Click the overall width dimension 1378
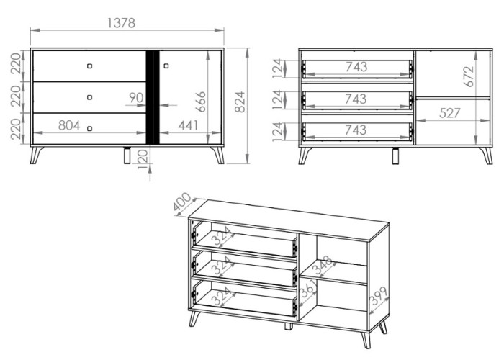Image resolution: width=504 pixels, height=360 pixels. pyautogui.click(x=121, y=23)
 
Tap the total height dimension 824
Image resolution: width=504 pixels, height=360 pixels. pyautogui.click(x=240, y=102)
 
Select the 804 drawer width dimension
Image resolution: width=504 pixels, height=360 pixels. pyautogui.click(x=69, y=125)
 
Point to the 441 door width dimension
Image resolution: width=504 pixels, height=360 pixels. pyautogui.click(x=188, y=125)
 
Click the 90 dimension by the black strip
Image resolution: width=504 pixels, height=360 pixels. pyautogui.click(x=136, y=98)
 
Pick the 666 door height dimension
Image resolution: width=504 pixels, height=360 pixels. pyautogui.click(x=201, y=102)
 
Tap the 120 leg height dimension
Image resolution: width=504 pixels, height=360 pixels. pyautogui.click(x=143, y=159)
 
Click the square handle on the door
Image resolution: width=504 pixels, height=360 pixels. pyautogui.click(x=166, y=66)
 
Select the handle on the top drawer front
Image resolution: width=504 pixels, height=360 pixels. pyautogui.click(x=90, y=66)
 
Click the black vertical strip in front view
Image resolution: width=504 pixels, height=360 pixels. pyautogui.click(x=153, y=97)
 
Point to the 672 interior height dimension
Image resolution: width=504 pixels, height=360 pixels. pyautogui.click(x=469, y=76)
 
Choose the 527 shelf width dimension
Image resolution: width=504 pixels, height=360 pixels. pyautogui.click(x=450, y=113)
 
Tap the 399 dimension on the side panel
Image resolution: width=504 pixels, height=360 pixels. pyautogui.click(x=379, y=296)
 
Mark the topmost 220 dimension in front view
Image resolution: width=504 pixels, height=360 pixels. pyautogui.click(x=16, y=63)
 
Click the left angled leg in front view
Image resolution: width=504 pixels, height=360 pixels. pyautogui.click(x=36, y=155)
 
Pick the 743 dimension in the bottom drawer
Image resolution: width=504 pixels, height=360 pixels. pyautogui.click(x=356, y=130)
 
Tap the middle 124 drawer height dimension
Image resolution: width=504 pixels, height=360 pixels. pyautogui.click(x=278, y=99)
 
